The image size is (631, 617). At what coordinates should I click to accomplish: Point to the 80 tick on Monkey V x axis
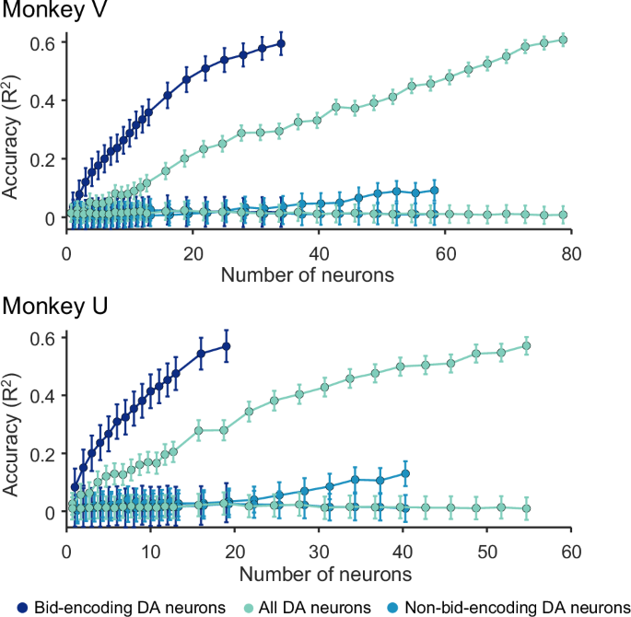point(571,253)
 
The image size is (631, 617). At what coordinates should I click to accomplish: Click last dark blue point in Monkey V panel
point(281,43)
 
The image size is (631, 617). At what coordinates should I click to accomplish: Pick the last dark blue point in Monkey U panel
point(226,346)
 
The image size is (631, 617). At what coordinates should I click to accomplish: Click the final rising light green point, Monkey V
point(563,40)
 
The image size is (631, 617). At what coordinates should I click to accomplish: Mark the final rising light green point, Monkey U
point(527,346)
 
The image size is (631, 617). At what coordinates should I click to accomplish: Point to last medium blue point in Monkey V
point(434,191)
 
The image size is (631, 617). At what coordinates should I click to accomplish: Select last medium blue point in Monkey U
point(405,473)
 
